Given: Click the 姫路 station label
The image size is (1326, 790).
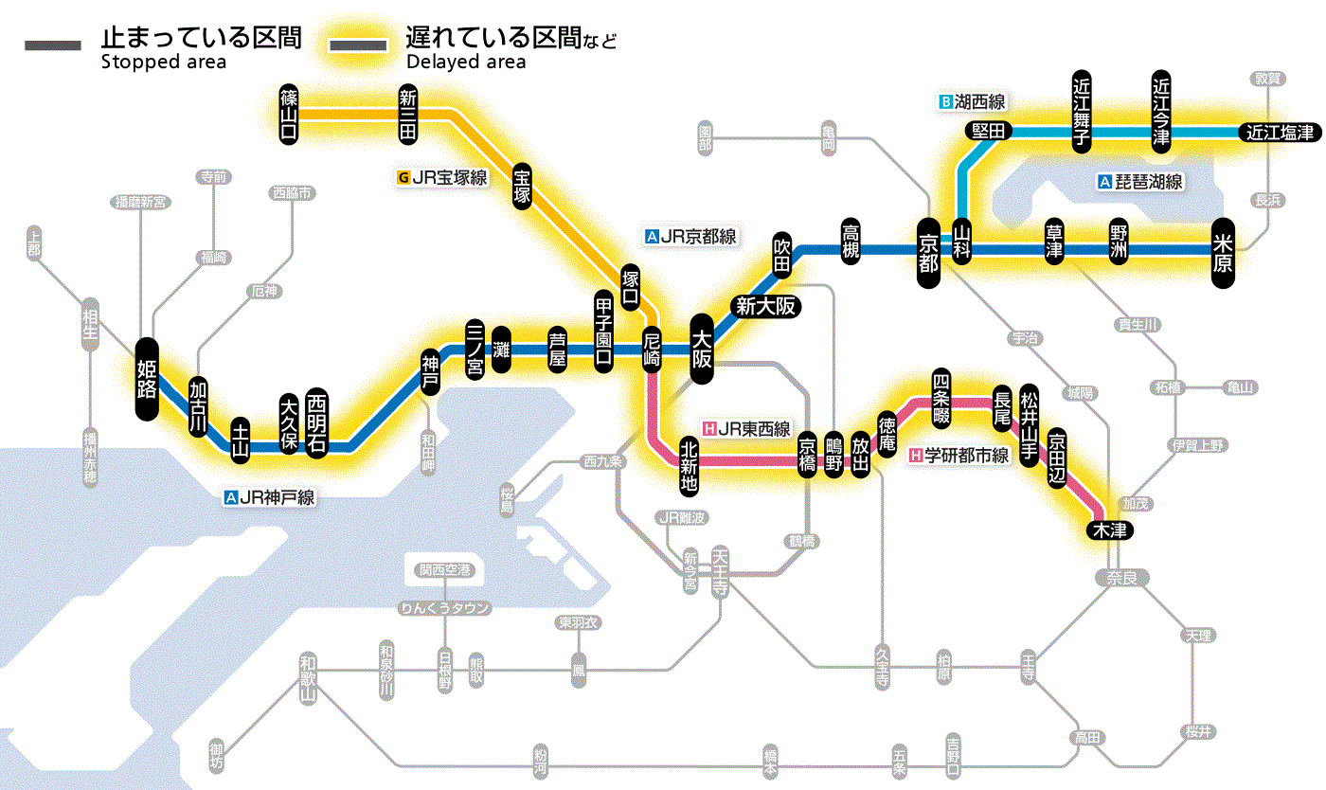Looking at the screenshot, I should click(147, 378).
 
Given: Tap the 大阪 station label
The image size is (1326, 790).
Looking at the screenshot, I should click(702, 350).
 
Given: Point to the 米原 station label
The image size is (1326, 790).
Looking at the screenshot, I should click(1223, 251).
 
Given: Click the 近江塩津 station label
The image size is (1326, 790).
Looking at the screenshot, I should click(1280, 133).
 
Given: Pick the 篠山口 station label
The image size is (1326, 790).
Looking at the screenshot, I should click(289, 114).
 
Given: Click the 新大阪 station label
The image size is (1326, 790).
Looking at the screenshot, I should click(766, 306).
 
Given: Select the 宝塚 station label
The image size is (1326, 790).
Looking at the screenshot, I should click(522, 185).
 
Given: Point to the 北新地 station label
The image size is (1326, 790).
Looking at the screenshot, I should click(689, 465).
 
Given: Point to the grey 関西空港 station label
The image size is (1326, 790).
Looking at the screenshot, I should click(444, 569).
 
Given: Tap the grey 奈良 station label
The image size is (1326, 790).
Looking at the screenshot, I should click(1121, 577).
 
